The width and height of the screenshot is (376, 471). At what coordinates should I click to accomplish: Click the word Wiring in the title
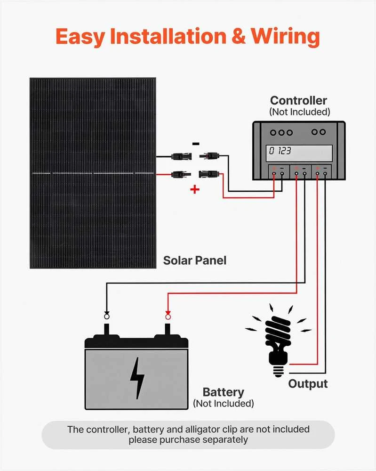point(285,37)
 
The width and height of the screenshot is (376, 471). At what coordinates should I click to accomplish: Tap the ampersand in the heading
point(239,36)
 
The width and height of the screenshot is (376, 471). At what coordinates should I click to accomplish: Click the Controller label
point(298,100)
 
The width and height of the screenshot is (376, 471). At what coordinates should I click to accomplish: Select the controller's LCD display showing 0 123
point(299,153)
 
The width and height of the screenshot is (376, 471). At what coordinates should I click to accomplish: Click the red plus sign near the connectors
point(195,189)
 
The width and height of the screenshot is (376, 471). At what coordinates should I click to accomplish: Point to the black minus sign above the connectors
point(196,144)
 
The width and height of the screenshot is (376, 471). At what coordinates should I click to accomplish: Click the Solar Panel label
point(195,260)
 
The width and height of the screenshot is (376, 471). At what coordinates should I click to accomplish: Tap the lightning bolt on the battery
point(137,378)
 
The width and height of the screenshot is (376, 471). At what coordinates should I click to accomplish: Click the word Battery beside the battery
point(223,392)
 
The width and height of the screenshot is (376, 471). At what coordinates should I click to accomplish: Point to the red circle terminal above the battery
point(168,317)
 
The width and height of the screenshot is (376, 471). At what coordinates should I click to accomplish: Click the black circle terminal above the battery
point(107,317)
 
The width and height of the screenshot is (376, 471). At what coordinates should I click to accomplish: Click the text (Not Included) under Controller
point(299,112)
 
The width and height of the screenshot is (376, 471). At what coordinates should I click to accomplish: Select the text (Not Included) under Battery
point(223,404)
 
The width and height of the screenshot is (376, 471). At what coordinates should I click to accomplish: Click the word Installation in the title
point(168,36)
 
